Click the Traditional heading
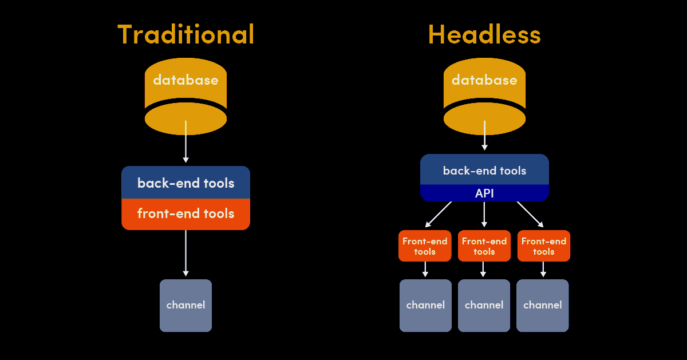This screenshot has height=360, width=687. [x=185, y=35]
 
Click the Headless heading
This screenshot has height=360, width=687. [x=484, y=35]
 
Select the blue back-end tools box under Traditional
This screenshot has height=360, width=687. [x=185, y=183]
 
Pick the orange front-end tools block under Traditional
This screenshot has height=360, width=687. [x=185, y=214]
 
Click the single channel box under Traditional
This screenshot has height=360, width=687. [x=185, y=305]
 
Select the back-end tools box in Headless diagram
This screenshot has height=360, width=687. [x=484, y=171]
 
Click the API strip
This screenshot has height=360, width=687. [x=484, y=193]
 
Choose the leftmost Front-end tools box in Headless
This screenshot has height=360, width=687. [x=425, y=246]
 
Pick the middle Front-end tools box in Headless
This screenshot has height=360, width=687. [x=484, y=246]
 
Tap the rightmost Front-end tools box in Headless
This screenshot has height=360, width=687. [x=543, y=246]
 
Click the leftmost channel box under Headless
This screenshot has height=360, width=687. [x=425, y=305]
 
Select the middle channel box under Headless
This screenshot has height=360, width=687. [x=484, y=305]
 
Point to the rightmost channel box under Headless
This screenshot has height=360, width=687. [x=543, y=305]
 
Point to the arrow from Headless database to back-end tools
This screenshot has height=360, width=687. [x=484, y=136]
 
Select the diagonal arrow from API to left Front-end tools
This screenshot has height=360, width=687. [x=439, y=213]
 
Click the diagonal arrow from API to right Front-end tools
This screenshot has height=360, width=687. [x=530, y=213]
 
